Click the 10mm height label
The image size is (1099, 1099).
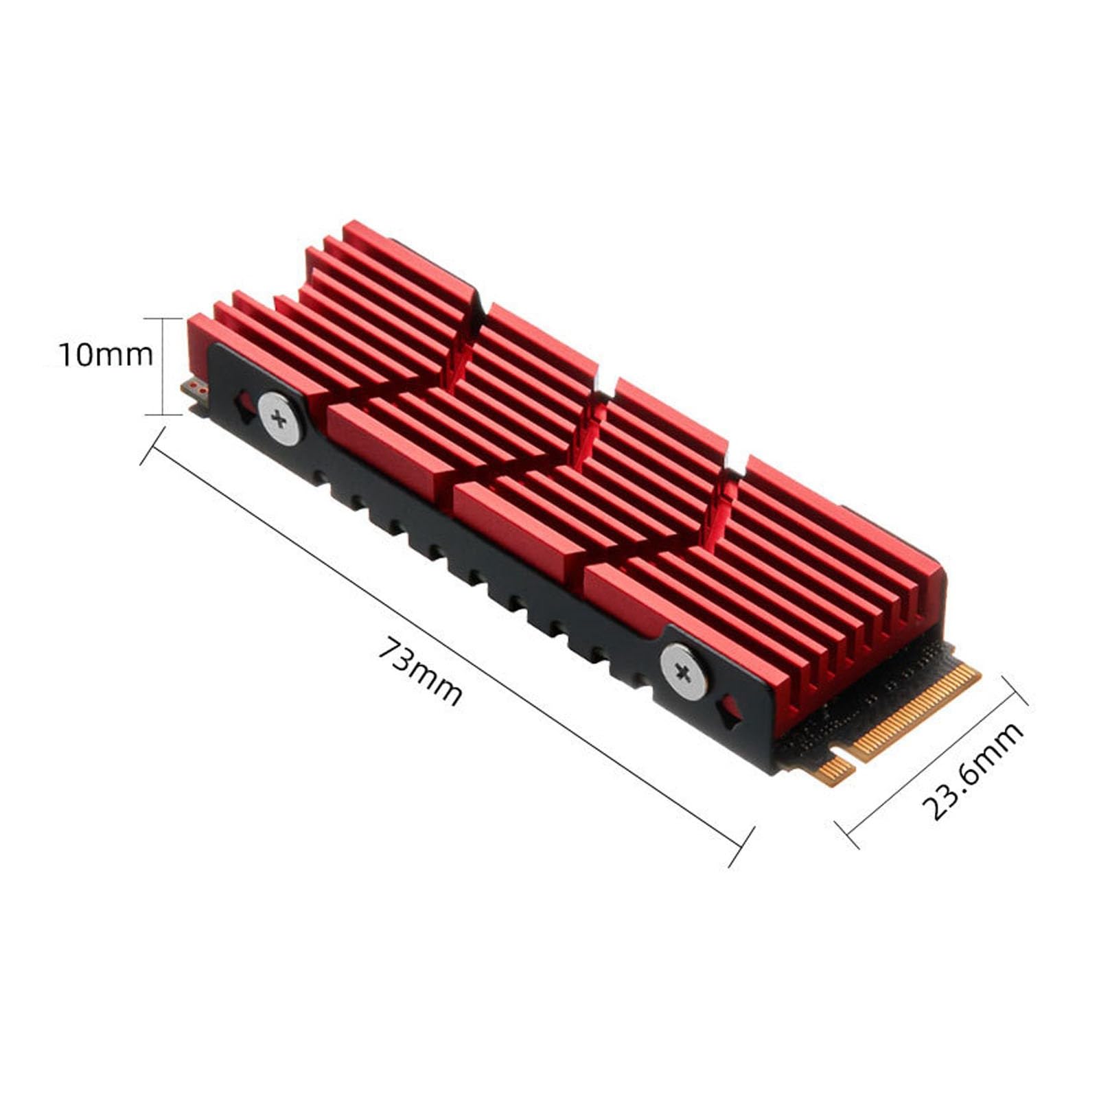[106, 355]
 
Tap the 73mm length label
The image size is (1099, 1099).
[420, 671]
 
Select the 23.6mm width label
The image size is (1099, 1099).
[973, 771]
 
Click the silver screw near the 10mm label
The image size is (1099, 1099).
[279, 419]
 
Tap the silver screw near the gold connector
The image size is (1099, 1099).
[683, 672]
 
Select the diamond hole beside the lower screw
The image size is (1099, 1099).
[729, 712]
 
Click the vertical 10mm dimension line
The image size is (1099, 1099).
[163, 367]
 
